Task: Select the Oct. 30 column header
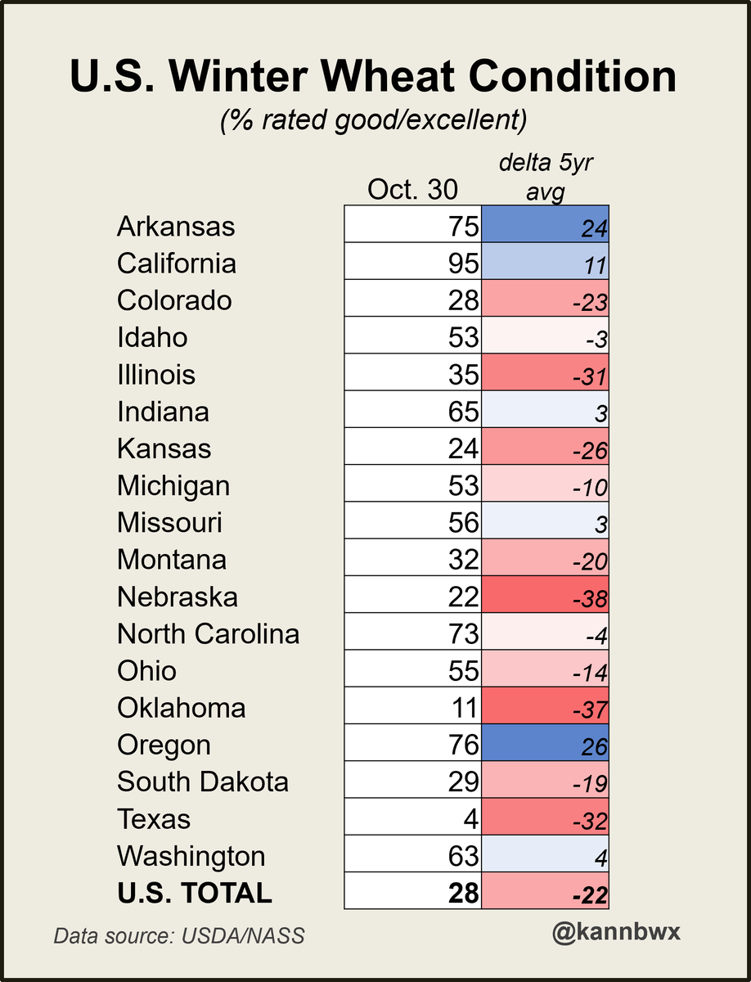(412, 189)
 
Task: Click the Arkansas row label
(176, 227)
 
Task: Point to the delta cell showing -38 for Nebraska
(546, 597)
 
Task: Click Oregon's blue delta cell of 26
(546, 746)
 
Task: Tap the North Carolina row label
(208, 634)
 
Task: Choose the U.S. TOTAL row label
(194, 893)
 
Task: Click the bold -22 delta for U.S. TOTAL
(546, 894)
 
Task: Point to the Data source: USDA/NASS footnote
(179, 935)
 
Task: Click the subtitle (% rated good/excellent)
(373, 120)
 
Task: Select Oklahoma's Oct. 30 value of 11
(464, 708)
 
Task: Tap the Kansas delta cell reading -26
(546, 449)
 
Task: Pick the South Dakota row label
(202, 782)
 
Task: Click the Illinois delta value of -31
(546, 375)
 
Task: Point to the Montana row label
(172, 560)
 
